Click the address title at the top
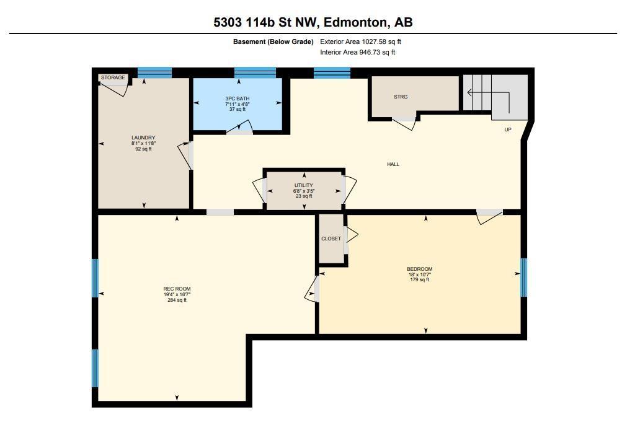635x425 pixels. coord(313,22)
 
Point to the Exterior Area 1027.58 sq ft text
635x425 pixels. coord(361,42)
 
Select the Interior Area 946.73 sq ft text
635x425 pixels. coord(358,52)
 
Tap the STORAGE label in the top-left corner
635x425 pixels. coord(113,77)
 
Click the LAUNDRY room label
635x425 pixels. coord(143,138)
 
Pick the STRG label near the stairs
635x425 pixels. coord(401,97)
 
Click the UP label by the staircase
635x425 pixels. coord(508,129)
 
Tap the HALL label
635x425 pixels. coord(393,164)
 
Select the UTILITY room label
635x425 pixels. coord(304,185)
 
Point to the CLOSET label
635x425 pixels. coord(331,239)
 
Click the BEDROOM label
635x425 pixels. coord(419,269)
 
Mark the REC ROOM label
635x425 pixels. coord(177,289)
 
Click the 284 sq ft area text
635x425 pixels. coord(177,300)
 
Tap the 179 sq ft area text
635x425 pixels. coord(419,280)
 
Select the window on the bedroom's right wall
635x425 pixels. coord(524,277)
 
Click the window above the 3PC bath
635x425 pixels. coord(255,72)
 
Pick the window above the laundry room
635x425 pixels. coord(154,72)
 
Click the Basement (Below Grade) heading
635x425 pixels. coord(273,42)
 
